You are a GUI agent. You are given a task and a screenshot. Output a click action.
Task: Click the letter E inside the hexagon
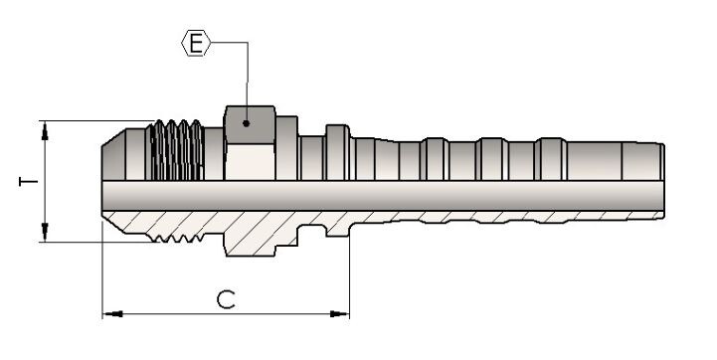point(196,43)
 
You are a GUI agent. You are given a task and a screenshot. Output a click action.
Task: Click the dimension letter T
point(29,182)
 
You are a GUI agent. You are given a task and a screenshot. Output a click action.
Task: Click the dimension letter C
point(226,299)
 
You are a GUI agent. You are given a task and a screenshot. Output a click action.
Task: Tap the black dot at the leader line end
point(246,123)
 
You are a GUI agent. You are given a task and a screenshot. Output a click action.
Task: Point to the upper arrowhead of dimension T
point(45,131)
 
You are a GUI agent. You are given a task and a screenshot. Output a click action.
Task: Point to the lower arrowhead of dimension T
point(45,232)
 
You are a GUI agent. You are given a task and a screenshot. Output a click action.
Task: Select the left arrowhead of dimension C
point(112,314)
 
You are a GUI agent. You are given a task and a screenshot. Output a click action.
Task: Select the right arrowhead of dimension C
point(339,314)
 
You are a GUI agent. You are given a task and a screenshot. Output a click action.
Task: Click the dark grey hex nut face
point(250,125)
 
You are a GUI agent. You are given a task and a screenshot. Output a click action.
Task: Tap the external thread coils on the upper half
point(176,150)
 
